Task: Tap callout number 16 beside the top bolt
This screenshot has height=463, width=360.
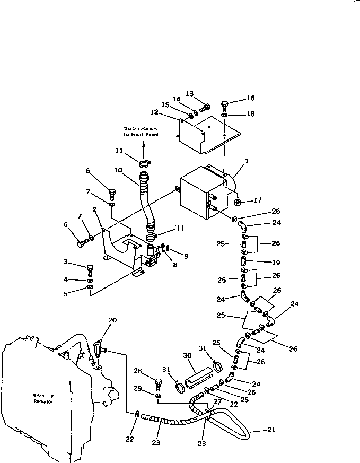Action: (x=251, y=98)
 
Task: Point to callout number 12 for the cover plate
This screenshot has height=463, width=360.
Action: (x=154, y=112)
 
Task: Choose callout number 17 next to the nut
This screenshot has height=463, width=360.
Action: (x=258, y=200)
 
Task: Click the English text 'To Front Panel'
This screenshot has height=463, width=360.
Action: (x=141, y=135)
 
